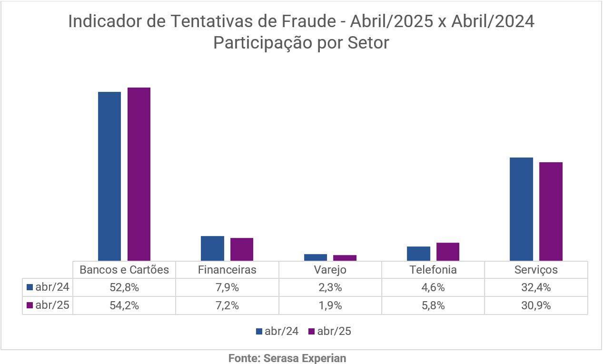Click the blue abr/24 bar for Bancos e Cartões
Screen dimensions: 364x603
109,176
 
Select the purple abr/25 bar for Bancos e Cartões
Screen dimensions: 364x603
139,174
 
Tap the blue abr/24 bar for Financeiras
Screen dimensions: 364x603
212,248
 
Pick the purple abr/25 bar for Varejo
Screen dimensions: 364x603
345,258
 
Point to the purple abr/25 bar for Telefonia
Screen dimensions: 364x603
448,251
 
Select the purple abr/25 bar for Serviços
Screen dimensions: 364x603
551,211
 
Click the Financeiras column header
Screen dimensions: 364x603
227,270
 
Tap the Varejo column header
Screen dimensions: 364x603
330,270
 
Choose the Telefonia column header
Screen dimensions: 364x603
433,270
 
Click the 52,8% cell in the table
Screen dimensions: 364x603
124,287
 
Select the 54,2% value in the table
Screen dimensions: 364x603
124,305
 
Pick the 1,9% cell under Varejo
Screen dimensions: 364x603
330,305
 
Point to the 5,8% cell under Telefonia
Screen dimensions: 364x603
433,305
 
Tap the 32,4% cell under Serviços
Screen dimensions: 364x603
536,287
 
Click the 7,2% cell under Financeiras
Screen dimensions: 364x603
227,305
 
